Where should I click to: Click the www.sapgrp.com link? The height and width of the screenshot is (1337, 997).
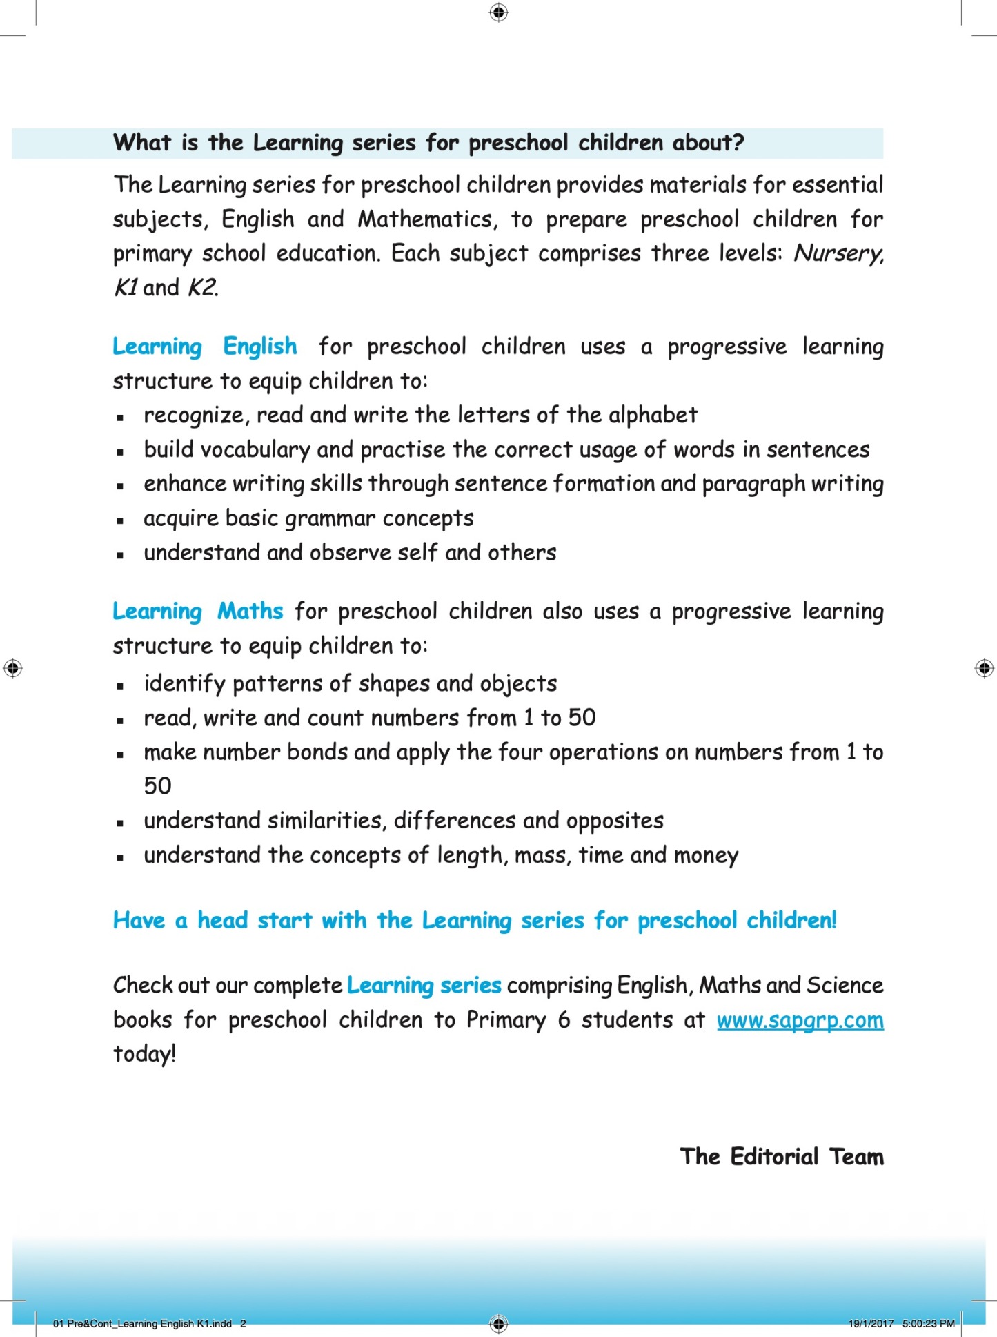800,1020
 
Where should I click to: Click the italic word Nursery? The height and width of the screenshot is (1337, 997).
838,254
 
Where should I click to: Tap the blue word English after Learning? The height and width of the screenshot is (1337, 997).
260,347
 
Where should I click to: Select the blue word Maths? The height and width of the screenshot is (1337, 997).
250,612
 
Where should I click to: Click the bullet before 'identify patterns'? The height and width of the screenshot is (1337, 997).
120,686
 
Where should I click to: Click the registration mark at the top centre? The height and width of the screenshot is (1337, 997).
498,12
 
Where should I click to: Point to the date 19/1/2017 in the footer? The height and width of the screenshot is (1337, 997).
871,1323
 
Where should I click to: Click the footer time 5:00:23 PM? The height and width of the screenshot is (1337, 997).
928,1323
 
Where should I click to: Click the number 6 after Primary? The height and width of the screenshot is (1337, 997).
564,1020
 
